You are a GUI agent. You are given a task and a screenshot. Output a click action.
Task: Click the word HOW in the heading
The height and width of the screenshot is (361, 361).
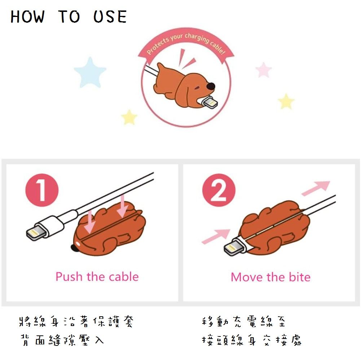click(28, 17)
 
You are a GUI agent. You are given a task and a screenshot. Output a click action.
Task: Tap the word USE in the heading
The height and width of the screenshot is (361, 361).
click(110, 17)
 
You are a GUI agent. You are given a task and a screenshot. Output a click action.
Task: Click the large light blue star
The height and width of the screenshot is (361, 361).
click(90, 72)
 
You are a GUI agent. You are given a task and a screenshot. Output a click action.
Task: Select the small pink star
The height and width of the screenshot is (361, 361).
click(264, 70)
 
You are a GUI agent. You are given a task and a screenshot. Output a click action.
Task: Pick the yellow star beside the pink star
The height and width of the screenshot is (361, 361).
click(286, 102)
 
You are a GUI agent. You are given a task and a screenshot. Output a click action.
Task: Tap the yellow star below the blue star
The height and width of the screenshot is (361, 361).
click(129, 117)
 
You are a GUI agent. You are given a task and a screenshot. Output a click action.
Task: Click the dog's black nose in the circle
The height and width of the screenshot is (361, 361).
click(211, 86)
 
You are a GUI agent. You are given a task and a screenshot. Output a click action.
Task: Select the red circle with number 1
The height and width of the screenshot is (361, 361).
click(42, 190)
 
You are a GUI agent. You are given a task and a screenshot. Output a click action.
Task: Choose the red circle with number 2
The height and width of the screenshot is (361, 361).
click(219, 190)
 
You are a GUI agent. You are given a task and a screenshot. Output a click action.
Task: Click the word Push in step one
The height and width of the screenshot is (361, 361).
click(69, 277)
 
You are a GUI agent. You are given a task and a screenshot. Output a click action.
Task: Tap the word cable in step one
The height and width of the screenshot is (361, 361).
click(124, 277)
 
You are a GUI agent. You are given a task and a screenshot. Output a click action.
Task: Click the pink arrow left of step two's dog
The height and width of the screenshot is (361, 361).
click(216, 236)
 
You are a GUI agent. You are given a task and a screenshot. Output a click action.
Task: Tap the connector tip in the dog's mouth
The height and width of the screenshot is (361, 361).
click(210, 102)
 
